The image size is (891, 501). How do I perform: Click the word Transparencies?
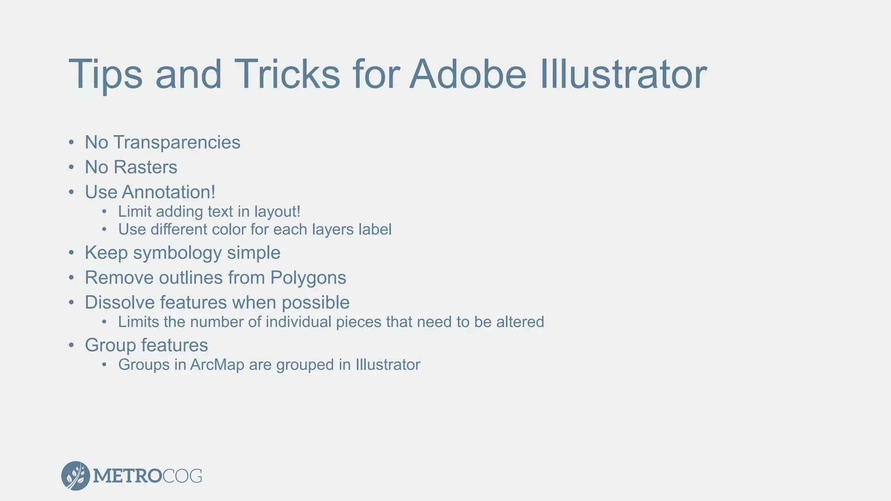pos(177,143)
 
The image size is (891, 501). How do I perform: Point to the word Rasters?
pos(145,167)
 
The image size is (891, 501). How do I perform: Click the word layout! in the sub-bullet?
pos(277,212)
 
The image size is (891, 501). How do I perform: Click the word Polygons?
pos(308,278)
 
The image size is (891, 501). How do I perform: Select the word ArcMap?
pos(217,365)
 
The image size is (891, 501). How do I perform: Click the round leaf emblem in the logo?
pos(76,476)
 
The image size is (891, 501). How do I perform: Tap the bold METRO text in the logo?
pos(127,476)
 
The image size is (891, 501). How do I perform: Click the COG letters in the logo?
pos(182,476)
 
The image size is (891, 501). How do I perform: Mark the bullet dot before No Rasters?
pos(71,168)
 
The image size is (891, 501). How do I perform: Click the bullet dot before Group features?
pos(71,346)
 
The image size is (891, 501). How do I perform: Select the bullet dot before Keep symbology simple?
pos(71,254)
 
